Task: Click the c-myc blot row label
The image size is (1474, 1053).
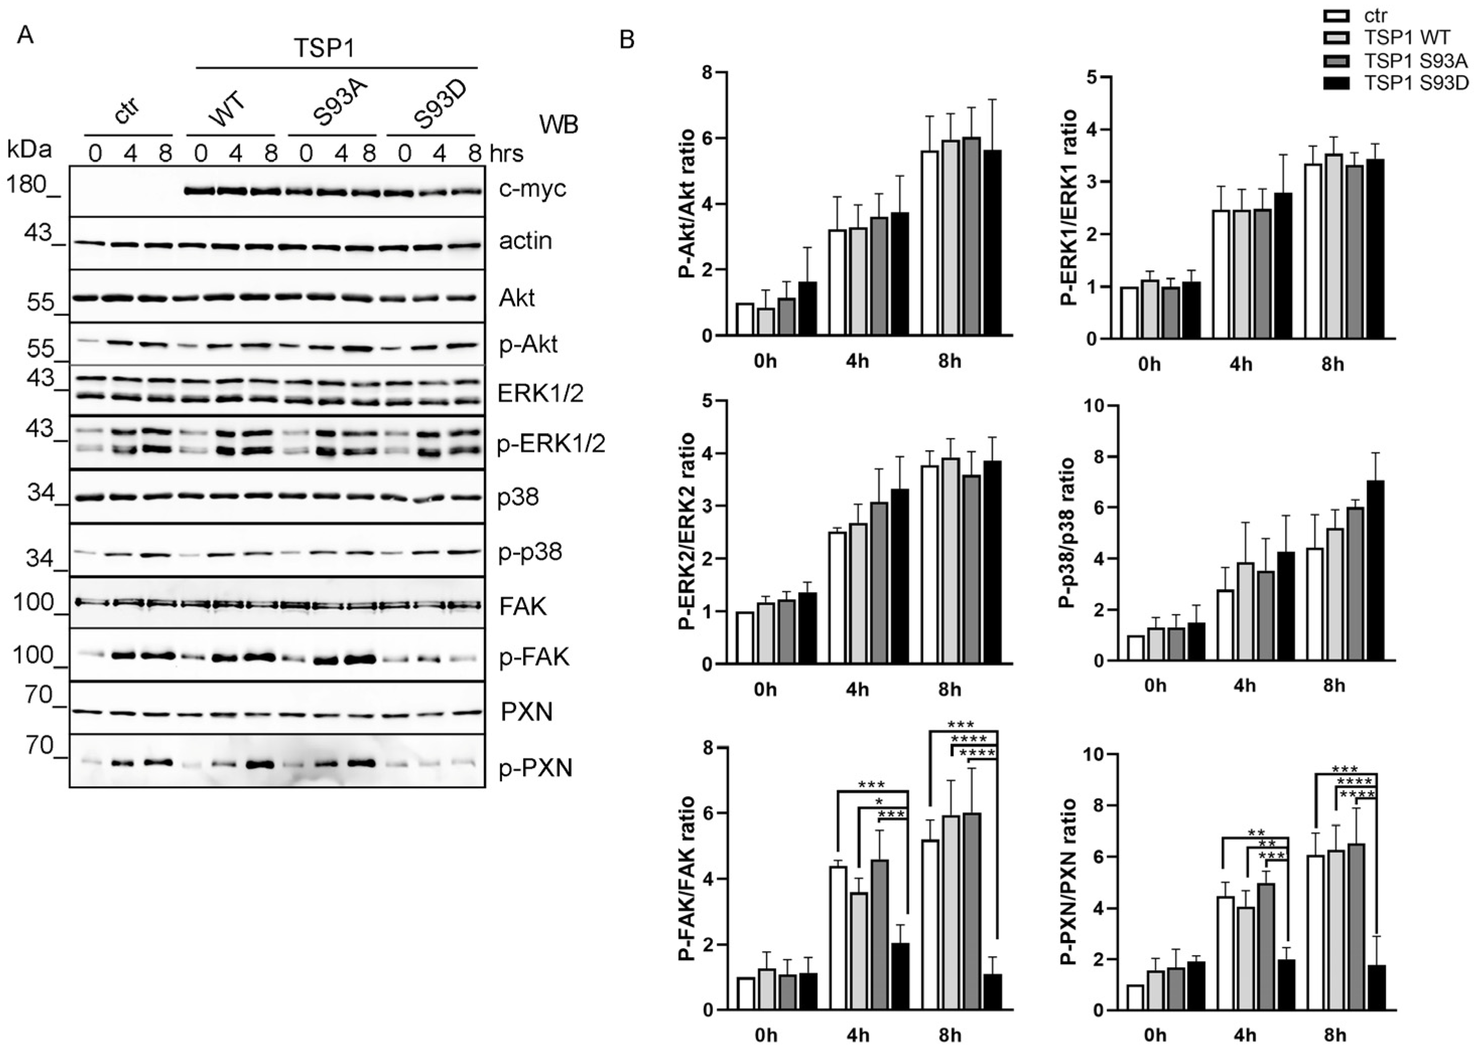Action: coord(532,189)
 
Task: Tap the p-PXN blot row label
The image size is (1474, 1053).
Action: coord(536,769)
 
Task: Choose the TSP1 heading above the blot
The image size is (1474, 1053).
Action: coord(324,47)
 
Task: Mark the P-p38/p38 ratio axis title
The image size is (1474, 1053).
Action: coord(1068,533)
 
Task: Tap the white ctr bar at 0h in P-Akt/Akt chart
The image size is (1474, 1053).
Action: coord(745,319)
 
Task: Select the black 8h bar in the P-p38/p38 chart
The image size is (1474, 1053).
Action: coord(1375,570)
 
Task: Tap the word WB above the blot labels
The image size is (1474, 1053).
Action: coord(559,124)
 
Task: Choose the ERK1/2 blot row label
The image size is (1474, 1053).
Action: coord(540,393)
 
